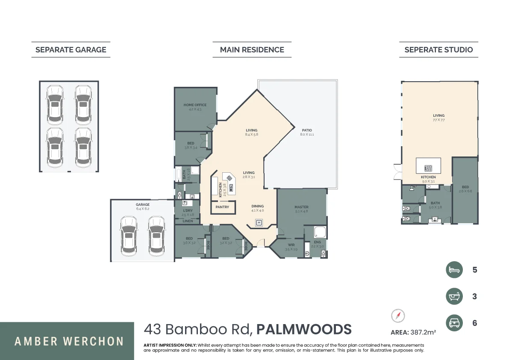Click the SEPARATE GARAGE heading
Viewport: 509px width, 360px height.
coord(71,50)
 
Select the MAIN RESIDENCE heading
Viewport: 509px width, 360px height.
coord(252,50)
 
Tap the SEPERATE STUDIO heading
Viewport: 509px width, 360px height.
coord(438,50)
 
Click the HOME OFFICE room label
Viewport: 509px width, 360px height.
coord(195,105)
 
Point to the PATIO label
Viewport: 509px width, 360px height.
coord(307,130)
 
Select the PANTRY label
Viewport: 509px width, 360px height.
coord(222,207)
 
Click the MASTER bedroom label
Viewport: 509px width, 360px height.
coord(301,207)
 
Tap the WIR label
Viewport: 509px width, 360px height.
coord(291,245)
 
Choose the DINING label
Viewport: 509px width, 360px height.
coord(258,206)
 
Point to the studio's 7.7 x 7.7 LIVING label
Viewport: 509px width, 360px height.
coord(438,115)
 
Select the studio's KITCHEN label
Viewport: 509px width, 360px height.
coord(428,177)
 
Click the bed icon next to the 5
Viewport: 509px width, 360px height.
coord(454,270)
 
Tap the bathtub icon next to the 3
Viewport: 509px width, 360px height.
coord(454,296)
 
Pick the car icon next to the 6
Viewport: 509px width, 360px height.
coord(454,323)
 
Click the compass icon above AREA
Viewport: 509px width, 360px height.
coord(398,316)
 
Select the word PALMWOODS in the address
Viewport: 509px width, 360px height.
coord(305,330)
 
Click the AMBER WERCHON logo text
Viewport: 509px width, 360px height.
coord(69,342)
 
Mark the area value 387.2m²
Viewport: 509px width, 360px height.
coord(423,332)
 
